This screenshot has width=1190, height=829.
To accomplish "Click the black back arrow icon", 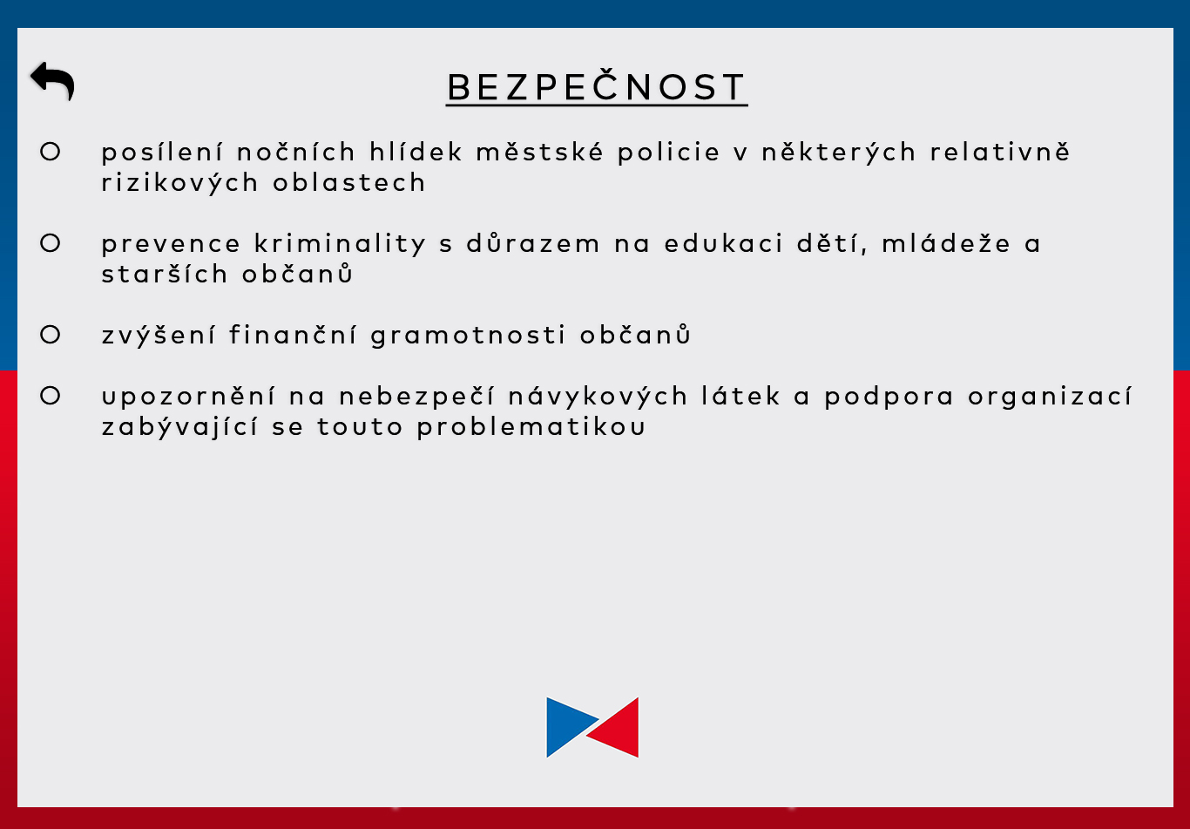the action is coord(52,80).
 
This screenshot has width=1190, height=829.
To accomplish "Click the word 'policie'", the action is coord(669,153).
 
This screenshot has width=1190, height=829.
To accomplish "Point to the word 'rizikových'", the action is coord(179,183).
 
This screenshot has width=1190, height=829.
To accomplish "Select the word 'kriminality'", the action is coord(340,244).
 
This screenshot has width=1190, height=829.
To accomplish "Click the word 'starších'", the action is coord(165,274).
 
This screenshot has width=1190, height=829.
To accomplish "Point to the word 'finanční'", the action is coord(293,334).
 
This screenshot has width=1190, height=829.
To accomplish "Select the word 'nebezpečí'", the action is coord(416,397).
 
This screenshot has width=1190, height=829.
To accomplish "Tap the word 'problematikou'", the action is coord(531,427).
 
